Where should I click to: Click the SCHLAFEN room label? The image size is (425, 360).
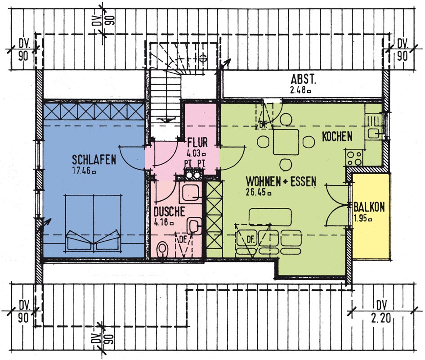[x=94, y=160]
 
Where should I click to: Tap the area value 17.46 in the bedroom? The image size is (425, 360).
[x=84, y=171]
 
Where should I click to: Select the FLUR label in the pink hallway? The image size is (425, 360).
[x=197, y=143]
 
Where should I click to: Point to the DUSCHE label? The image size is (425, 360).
[x=170, y=211]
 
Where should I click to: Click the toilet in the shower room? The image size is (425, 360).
[x=163, y=249]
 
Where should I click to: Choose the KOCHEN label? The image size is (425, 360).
[x=337, y=136]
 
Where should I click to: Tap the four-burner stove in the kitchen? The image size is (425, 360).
[x=354, y=157]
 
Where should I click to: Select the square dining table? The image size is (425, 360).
[x=286, y=142]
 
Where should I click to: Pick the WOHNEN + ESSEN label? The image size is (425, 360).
[x=281, y=181]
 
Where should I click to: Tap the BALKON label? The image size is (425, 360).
[x=369, y=207]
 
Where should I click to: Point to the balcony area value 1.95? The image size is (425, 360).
[x=362, y=218]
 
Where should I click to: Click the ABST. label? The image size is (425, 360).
[x=303, y=80]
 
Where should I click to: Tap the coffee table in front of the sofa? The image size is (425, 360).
[x=270, y=217]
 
